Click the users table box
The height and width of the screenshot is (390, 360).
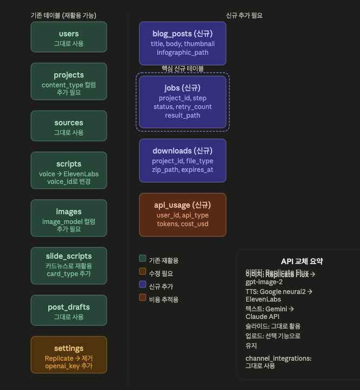pos(69,37)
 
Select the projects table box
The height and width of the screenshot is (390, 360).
pos(69,81)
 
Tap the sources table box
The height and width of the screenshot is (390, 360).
pos(69,127)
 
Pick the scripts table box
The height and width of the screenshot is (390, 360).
pos(69,171)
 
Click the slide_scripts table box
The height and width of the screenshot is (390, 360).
pos(69,266)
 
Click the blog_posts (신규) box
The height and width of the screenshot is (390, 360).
pos(182,43)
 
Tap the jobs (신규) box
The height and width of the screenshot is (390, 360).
pos(182,101)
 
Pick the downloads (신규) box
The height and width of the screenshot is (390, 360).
pos(182,159)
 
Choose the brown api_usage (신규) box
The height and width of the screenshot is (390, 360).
pos(182,214)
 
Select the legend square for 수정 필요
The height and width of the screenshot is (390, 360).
pos(143,271)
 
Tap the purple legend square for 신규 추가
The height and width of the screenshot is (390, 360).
pos(143,284)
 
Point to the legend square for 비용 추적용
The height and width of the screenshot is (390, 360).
pos(143,297)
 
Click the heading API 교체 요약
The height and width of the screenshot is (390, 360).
pos(301,261)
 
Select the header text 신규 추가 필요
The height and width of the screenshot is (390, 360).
pos(244,16)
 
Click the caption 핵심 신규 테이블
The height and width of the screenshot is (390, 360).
pos(183,68)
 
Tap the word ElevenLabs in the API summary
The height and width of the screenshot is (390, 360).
pos(263,299)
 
